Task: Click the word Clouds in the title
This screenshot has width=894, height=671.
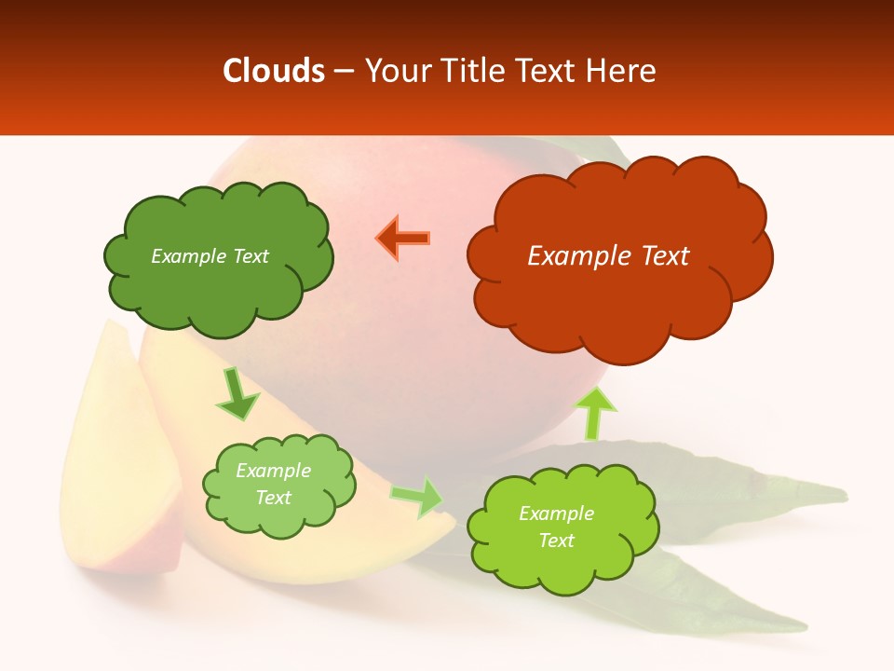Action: (273, 71)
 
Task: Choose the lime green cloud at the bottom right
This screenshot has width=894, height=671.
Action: (562, 559)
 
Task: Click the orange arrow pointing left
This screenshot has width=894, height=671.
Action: (402, 239)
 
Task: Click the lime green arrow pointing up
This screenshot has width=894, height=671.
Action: (596, 413)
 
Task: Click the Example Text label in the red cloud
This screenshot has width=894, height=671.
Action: (608, 256)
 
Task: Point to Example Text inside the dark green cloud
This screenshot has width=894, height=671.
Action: (210, 256)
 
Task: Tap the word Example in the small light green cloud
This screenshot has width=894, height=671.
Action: (273, 471)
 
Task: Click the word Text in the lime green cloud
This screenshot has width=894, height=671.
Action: (556, 541)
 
